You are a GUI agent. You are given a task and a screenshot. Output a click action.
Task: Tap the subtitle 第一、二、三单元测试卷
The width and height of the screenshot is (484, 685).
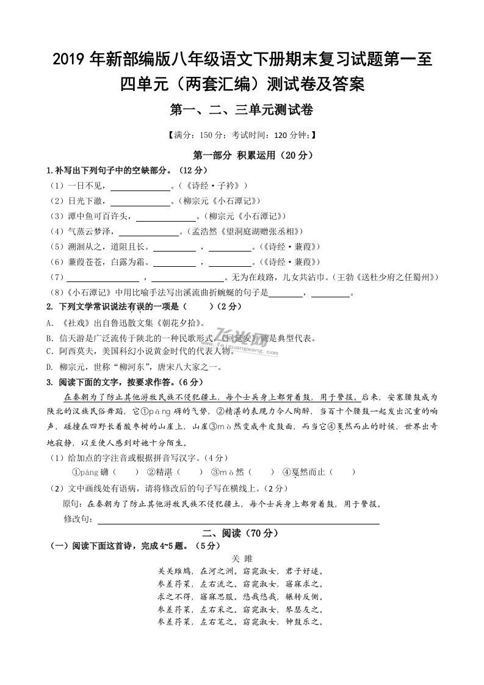242,110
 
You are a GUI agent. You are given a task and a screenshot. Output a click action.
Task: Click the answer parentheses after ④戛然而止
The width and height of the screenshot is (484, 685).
345,472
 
